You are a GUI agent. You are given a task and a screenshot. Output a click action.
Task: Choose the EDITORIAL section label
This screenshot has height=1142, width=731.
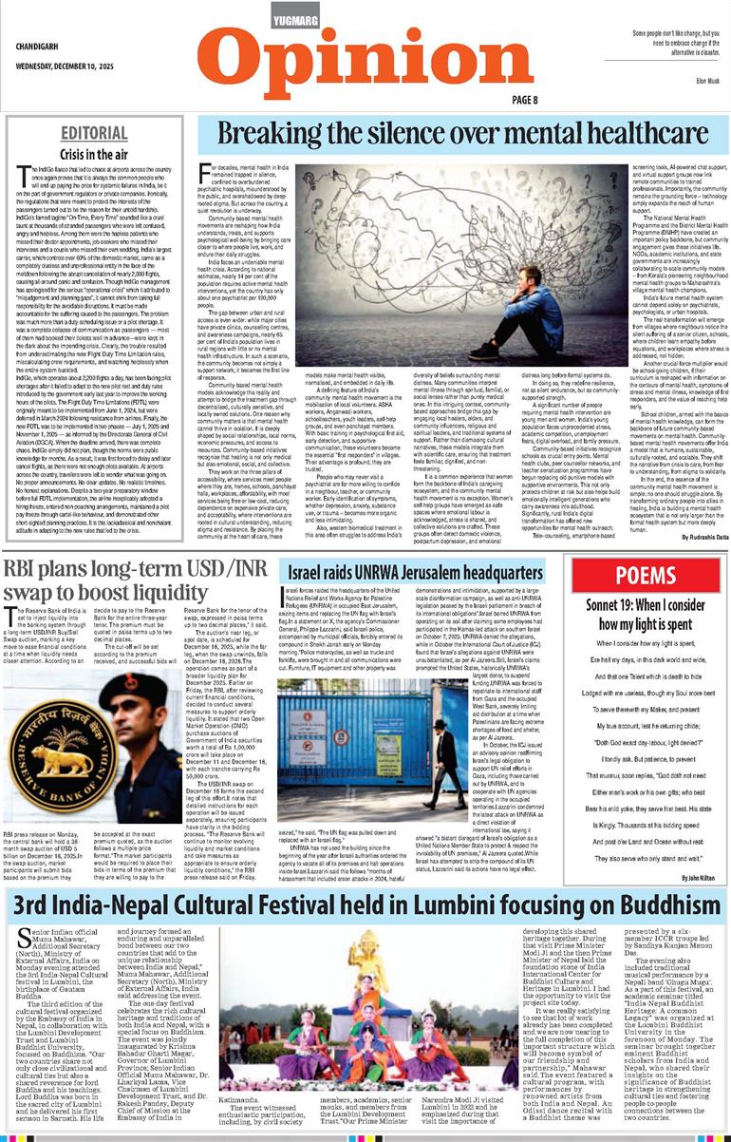click(x=95, y=132)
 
